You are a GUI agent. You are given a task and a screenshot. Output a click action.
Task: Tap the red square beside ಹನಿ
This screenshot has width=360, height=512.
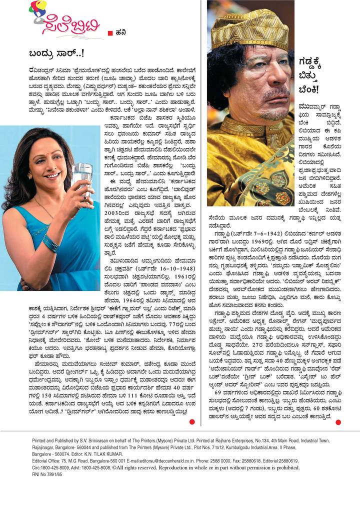pyautogui.click(x=110, y=33)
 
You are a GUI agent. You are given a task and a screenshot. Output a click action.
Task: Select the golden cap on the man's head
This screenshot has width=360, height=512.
pyautogui.click(x=250, y=29)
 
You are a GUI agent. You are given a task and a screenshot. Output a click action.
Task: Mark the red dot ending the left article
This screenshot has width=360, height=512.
pyautogui.click(x=191, y=422)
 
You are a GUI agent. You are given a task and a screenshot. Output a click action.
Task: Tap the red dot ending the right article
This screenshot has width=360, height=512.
pyautogui.click(x=338, y=422)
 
